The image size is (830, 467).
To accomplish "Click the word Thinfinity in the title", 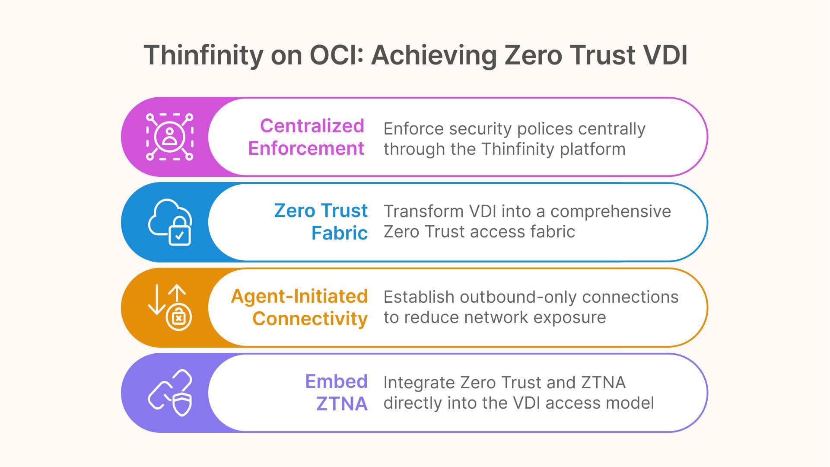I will (204, 55).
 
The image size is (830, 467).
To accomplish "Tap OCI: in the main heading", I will (337, 55).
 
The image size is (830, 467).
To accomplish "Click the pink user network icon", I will (169, 137).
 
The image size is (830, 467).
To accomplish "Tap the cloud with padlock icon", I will (170, 222).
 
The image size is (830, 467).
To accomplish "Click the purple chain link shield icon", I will (170, 393).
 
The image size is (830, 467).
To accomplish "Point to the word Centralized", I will (312, 126).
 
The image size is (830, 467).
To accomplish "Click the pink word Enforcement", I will (306, 148).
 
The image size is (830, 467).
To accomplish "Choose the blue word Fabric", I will (339, 233).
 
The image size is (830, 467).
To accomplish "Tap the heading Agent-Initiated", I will (299, 296).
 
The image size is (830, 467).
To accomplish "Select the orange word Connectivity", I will (310, 319).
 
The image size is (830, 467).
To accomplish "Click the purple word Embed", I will (336, 381).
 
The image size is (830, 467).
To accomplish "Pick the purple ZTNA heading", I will (341, 404).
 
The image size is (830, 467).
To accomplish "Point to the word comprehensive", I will (610, 211).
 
